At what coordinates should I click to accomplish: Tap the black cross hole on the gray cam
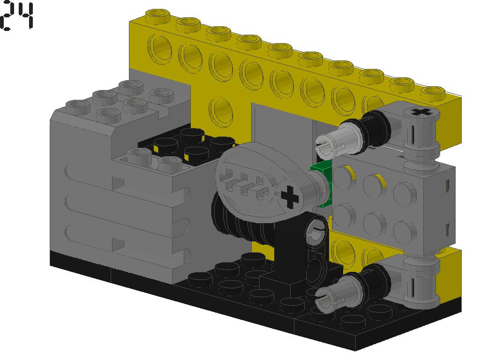(x=290, y=197)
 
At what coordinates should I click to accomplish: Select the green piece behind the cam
(x=322, y=185)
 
